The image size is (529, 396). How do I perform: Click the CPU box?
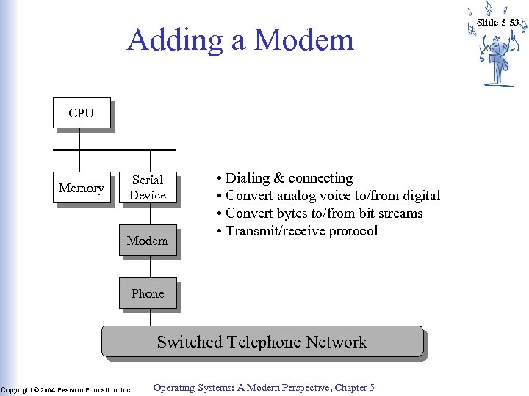pyautogui.click(x=82, y=113)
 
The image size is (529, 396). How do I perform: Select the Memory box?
pyautogui.click(x=81, y=188)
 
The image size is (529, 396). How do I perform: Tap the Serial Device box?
pyautogui.click(x=148, y=188)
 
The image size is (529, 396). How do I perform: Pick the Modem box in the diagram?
pyautogui.click(x=148, y=241)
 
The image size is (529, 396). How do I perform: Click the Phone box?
pyautogui.click(x=148, y=293)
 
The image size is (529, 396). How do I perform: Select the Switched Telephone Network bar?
pyautogui.click(x=262, y=342)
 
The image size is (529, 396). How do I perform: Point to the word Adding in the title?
pyautogui.click(x=173, y=40)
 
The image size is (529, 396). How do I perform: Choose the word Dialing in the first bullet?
pyautogui.click(x=248, y=178)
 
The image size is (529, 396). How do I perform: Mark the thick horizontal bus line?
pyautogui.click(x=114, y=150)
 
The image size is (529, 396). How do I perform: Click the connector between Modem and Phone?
pyautogui.click(x=150, y=267)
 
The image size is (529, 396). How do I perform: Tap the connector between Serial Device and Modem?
pyautogui.click(x=150, y=214)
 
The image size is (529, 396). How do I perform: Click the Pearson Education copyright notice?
pyautogui.click(x=66, y=390)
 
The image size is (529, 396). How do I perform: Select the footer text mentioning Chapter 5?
pyautogui.click(x=263, y=388)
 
